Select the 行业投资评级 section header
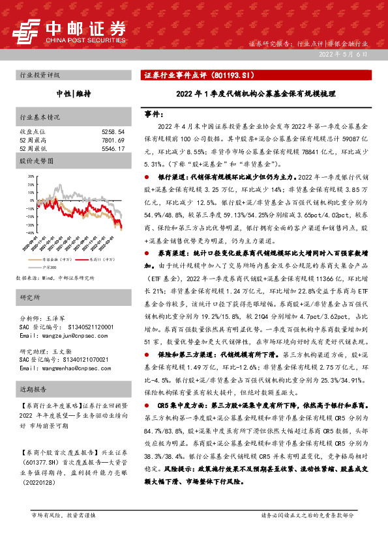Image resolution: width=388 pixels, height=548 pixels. pos(40,75)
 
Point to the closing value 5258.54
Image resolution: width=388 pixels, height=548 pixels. pos(113,131)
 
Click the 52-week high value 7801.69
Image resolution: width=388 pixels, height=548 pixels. pos(113,140)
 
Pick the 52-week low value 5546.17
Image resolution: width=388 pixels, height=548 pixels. pos(113,148)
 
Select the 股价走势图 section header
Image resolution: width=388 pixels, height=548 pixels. pos(36,160)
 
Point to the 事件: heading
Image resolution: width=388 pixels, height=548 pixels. pos(155,114)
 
